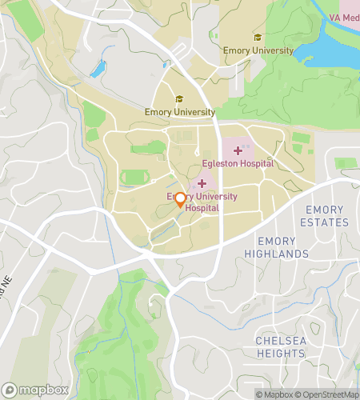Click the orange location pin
point(180,200)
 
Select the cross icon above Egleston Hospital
point(238,150)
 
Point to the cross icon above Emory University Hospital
point(202,184)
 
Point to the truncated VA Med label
point(345,18)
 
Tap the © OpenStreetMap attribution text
point(326,394)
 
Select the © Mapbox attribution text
point(273,394)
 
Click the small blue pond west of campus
point(98,69)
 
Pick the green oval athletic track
point(134,177)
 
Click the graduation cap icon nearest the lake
point(258,37)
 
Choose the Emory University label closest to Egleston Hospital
point(180,112)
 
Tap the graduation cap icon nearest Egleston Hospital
point(180,99)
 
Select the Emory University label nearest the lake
point(258,50)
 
